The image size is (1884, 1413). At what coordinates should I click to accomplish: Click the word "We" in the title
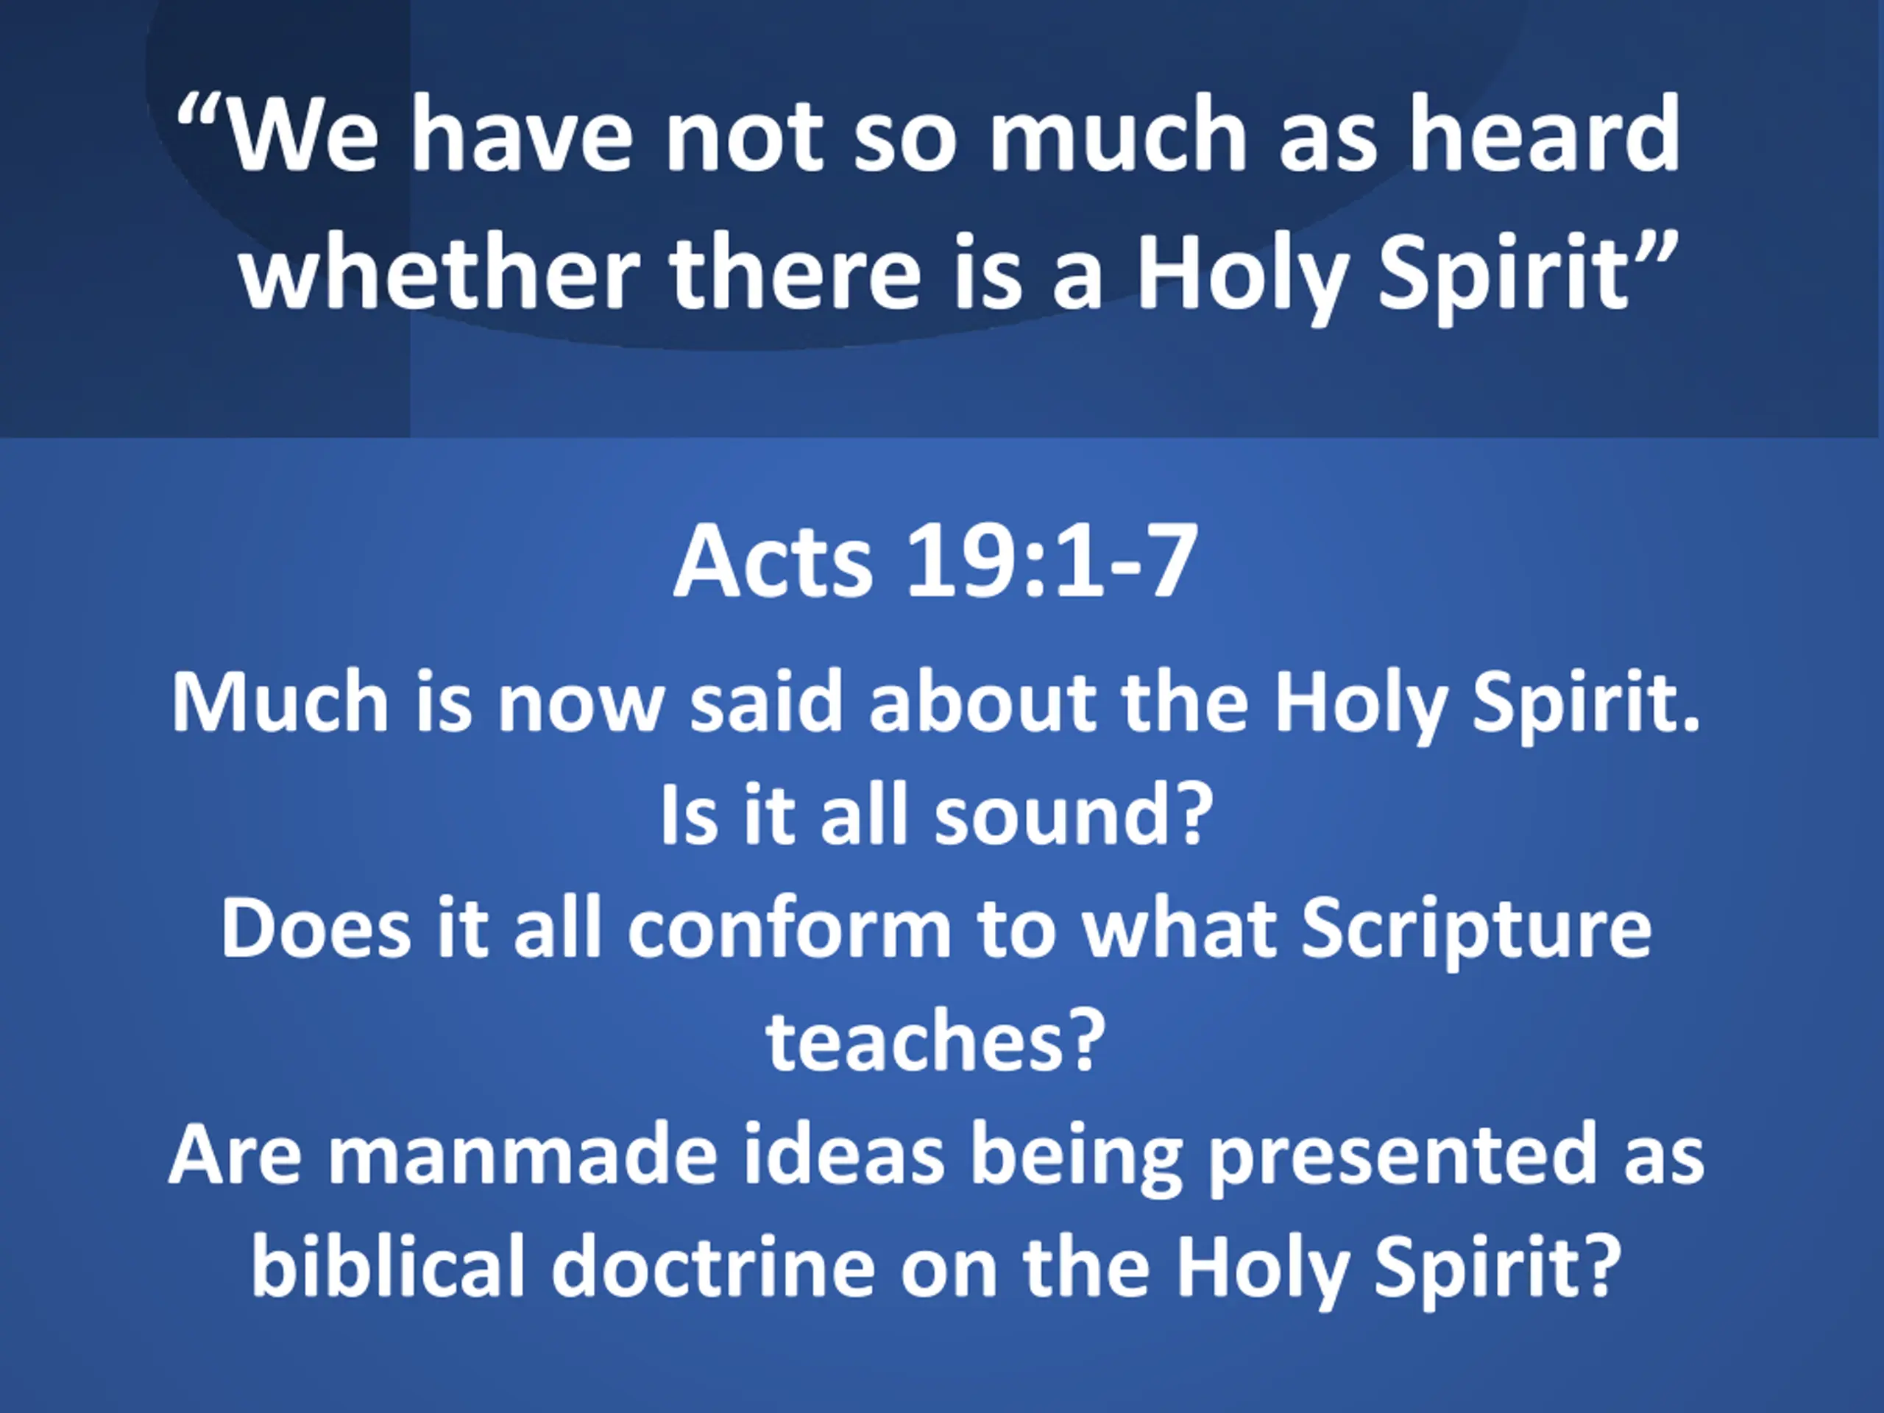click(303, 135)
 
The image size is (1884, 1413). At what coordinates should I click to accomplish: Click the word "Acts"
click(773, 562)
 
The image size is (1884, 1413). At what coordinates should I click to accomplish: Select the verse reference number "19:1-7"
click(1052, 562)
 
